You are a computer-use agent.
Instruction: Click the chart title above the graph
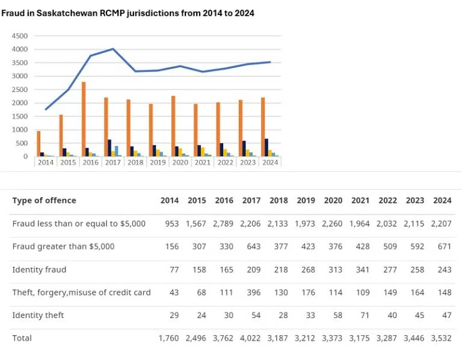(128, 13)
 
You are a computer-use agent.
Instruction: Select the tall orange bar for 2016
(84, 119)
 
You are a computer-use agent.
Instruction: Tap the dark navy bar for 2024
(266, 148)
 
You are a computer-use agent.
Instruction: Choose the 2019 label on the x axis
(158, 162)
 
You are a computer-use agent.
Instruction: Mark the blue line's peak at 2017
(113, 49)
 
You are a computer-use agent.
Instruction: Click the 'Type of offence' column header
(44, 200)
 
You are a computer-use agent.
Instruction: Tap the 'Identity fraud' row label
(39, 269)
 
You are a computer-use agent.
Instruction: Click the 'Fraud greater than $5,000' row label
(63, 246)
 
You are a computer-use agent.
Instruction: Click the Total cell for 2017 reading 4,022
(251, 338)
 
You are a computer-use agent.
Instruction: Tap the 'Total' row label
(22, 338)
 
